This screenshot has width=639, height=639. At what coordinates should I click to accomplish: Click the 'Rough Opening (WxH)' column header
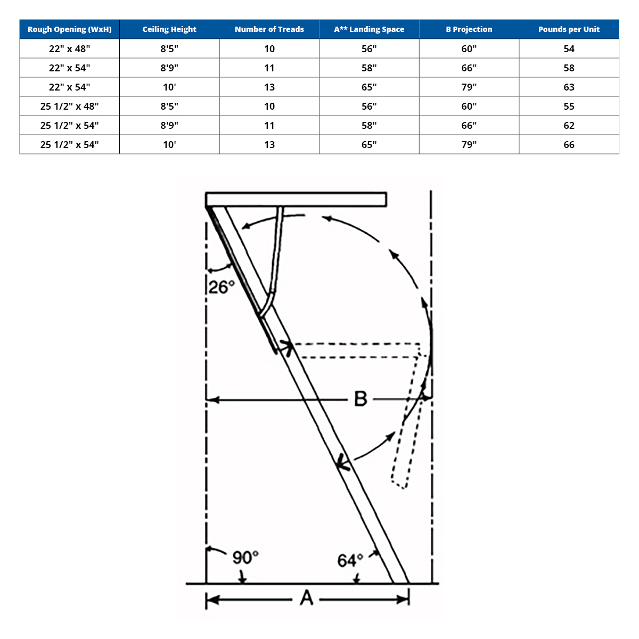click(69, 29)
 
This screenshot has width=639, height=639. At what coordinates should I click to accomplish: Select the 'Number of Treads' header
click(269, 29)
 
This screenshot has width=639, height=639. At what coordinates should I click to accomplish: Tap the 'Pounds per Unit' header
click(569, 29)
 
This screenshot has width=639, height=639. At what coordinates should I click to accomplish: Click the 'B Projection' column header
click(469, 29)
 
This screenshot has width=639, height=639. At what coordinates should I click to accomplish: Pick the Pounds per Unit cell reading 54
click(569, 49)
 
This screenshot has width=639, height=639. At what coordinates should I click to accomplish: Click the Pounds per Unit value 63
click(569, 87)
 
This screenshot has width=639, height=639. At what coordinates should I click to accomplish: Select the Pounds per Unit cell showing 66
click(569, 145)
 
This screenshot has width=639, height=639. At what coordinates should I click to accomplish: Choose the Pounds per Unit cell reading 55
click(569, 106)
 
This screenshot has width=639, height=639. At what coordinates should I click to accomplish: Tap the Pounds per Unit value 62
click(569, 125)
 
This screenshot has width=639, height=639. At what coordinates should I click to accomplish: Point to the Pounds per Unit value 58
click(569, 68)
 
